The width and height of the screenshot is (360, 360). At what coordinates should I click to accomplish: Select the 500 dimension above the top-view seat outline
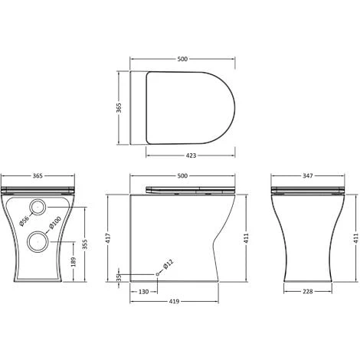click(182, 57)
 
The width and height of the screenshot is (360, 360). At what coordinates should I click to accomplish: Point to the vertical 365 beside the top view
click(118, 107)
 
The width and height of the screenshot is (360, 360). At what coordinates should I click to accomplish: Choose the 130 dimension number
click(144, 291)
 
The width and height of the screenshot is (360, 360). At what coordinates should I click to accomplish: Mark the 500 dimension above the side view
click(182, 177)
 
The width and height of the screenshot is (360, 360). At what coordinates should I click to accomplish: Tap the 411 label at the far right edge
click(356, 237)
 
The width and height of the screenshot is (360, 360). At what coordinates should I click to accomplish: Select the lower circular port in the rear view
click(35, 244)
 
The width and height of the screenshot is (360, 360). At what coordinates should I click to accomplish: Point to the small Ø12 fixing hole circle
click(157, 273)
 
